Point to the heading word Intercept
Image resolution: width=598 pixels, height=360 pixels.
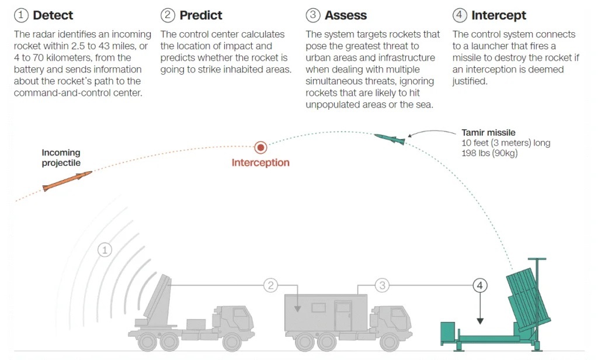[x=499, y=15]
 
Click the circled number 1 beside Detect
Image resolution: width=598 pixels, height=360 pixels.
[x=21, y=15]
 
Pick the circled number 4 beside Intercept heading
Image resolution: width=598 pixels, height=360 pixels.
[x=460, y=15]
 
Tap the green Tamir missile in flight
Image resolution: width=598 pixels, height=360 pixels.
[x=390, y=139]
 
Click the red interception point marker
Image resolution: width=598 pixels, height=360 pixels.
[x=260, y=147]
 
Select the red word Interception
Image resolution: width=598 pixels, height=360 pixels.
[x=260, y=162]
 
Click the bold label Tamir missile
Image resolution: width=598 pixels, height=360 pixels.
[x=488, y=133]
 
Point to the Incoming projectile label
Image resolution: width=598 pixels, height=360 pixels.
[x=61, y=158]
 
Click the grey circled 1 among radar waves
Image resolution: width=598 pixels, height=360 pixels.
[x=105, y=250]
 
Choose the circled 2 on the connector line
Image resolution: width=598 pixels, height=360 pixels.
[x=270, y=285]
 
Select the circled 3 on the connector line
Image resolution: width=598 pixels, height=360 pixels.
[x=382, y=285]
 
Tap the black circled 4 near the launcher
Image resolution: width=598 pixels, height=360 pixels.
[x=479, y=285]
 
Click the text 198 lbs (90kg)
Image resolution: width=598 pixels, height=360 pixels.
[x=489, y=154]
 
